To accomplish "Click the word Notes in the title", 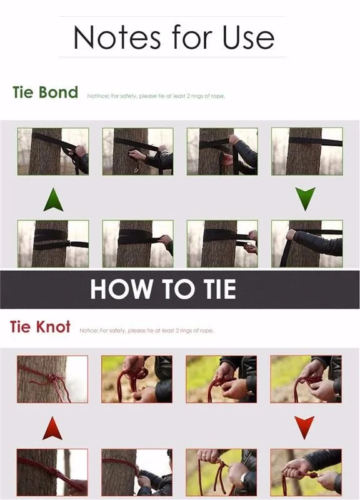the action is click(x=117, y=37).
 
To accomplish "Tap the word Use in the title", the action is click(x=248, y=37).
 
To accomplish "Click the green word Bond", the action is click(x=58, y=92).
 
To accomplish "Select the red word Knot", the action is click(x=53, y=327).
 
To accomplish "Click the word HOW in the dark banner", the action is click(x=121, y=289).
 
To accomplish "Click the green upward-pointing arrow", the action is click(x=53, y=199).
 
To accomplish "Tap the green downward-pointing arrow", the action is click(x=305, y=199).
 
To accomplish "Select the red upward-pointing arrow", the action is click(x=52, y=428).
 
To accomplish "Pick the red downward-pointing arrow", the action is click(x=304, y=427).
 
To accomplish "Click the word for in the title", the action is click(x=191, y=37).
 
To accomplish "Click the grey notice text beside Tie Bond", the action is click(x=156, y=96).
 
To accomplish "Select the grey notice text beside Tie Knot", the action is click(x=147, y=331).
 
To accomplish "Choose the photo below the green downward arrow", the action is click(x=307, y=244).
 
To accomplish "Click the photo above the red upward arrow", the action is click(x=52, y=379).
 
